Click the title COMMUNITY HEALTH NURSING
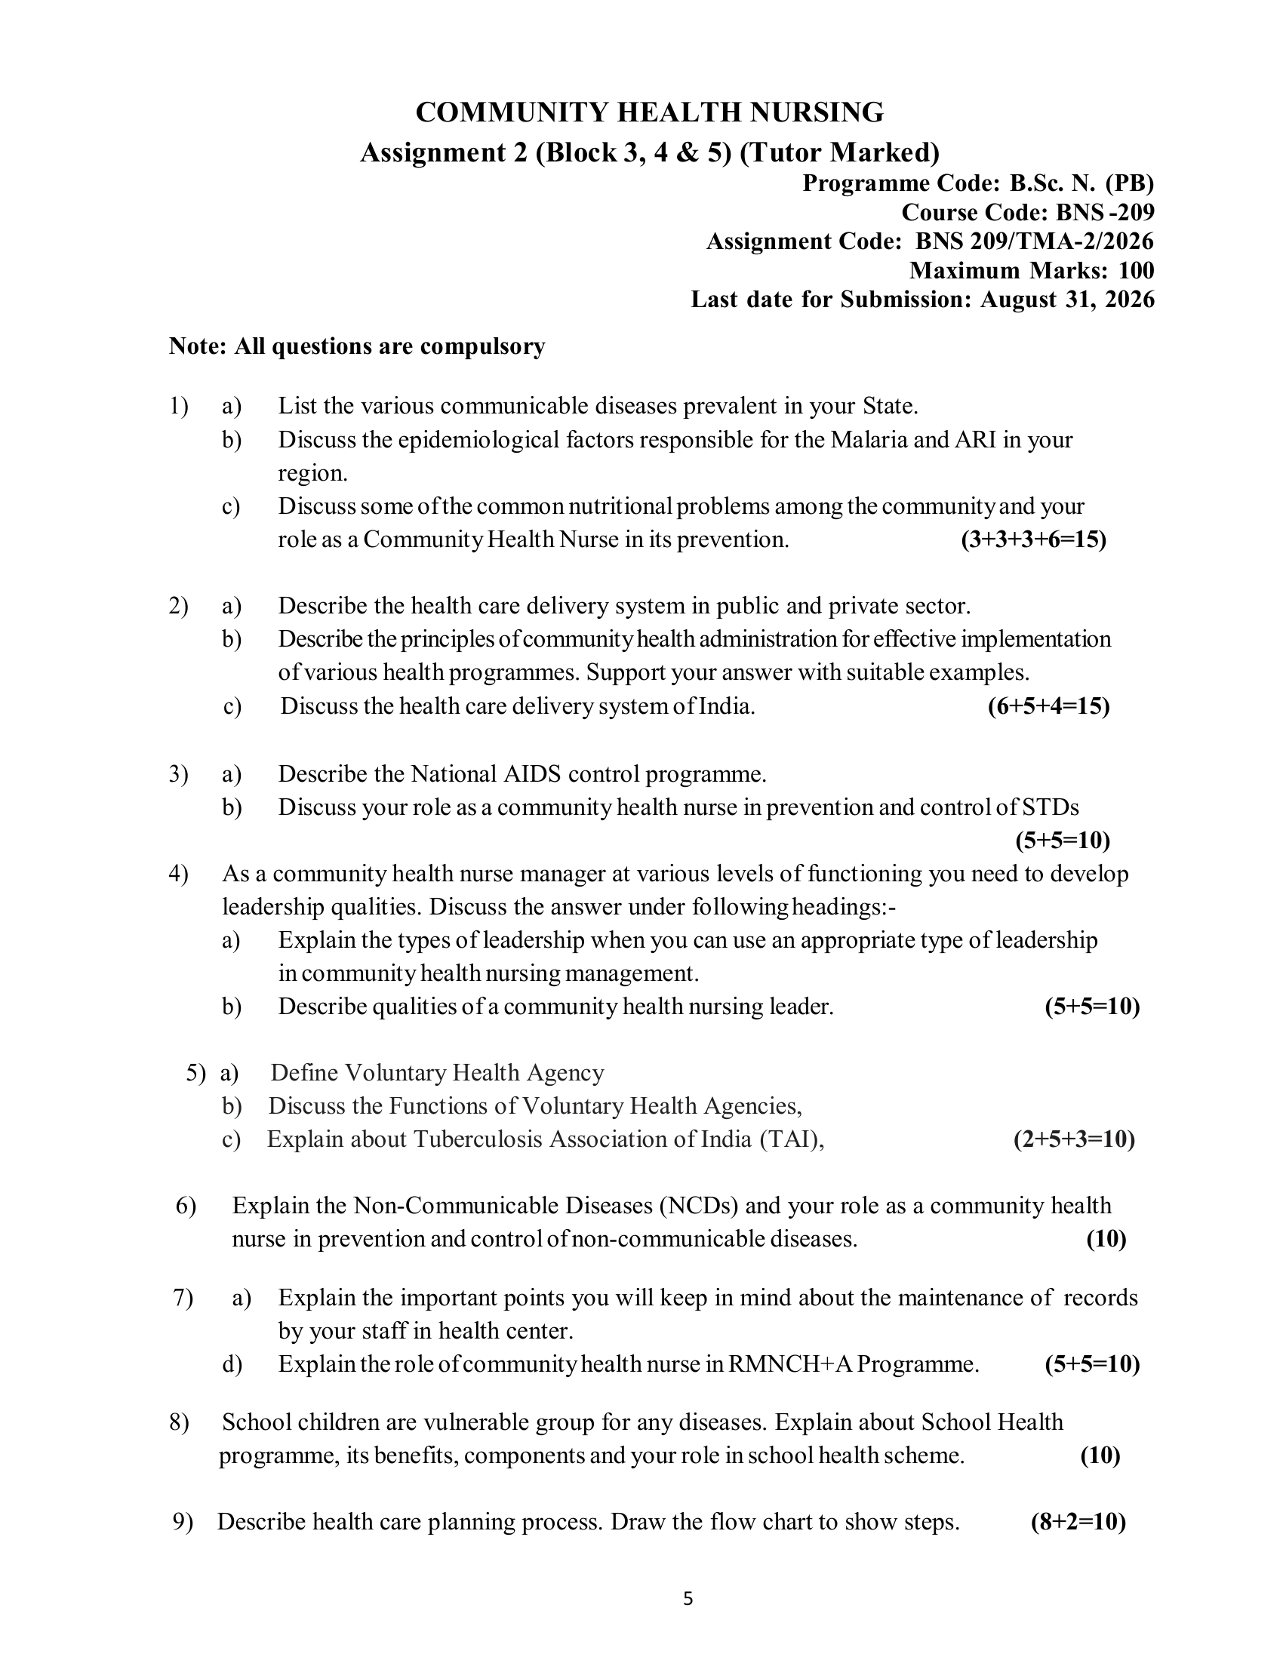click(x=649, y=112)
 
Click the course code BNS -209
click(x=1104, y=212)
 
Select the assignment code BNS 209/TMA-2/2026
click(x=1035, y=241)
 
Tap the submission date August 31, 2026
click(x=1067, y=300)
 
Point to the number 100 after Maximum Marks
click(x=1137, y=271)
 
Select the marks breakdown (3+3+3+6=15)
click(x=1034, y=539)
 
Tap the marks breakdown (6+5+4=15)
click(x=1048, y=707)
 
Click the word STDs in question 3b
click(x=1050, y=807)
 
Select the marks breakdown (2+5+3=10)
click(x=1074, y=1139)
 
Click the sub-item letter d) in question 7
click(x=232, y=1364)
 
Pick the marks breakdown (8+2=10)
click(x=1078, y=1522)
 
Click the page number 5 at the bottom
click(x=688, y=1599)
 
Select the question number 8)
click(x=179, y=1422)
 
